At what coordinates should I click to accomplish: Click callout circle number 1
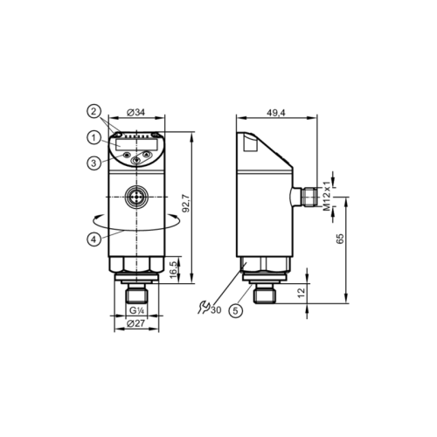92,136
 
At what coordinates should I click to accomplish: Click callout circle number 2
92,111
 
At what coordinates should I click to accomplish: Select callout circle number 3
92,162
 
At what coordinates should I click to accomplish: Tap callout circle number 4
92,239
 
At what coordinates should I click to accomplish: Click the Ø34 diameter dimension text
135,112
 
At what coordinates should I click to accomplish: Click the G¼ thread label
135,310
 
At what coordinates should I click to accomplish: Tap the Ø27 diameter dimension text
135,324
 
